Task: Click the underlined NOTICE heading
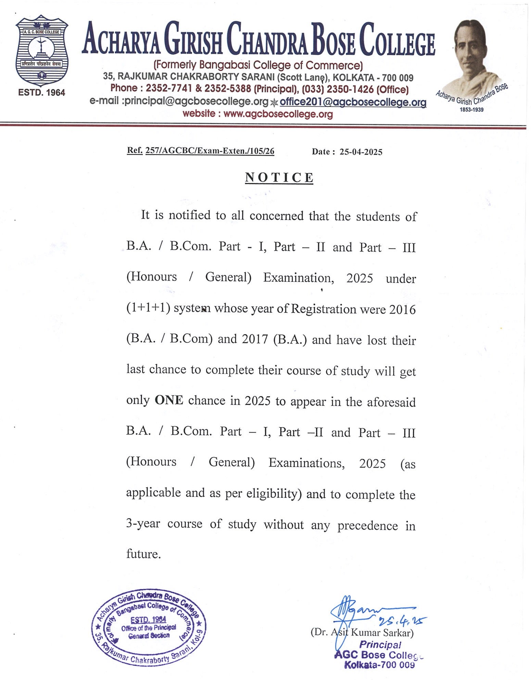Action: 279,177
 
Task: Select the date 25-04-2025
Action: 361,152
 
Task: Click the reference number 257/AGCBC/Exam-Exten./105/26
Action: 210,151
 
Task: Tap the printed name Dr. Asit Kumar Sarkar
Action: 362,632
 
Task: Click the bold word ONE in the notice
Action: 169,400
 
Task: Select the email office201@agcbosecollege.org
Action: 353,102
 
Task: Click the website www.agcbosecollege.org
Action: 278,114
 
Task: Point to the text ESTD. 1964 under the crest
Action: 42,92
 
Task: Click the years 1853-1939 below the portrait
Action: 471,110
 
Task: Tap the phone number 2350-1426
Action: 350,89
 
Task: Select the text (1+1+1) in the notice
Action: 148,308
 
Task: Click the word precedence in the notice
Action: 367,525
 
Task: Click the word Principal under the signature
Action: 380,645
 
